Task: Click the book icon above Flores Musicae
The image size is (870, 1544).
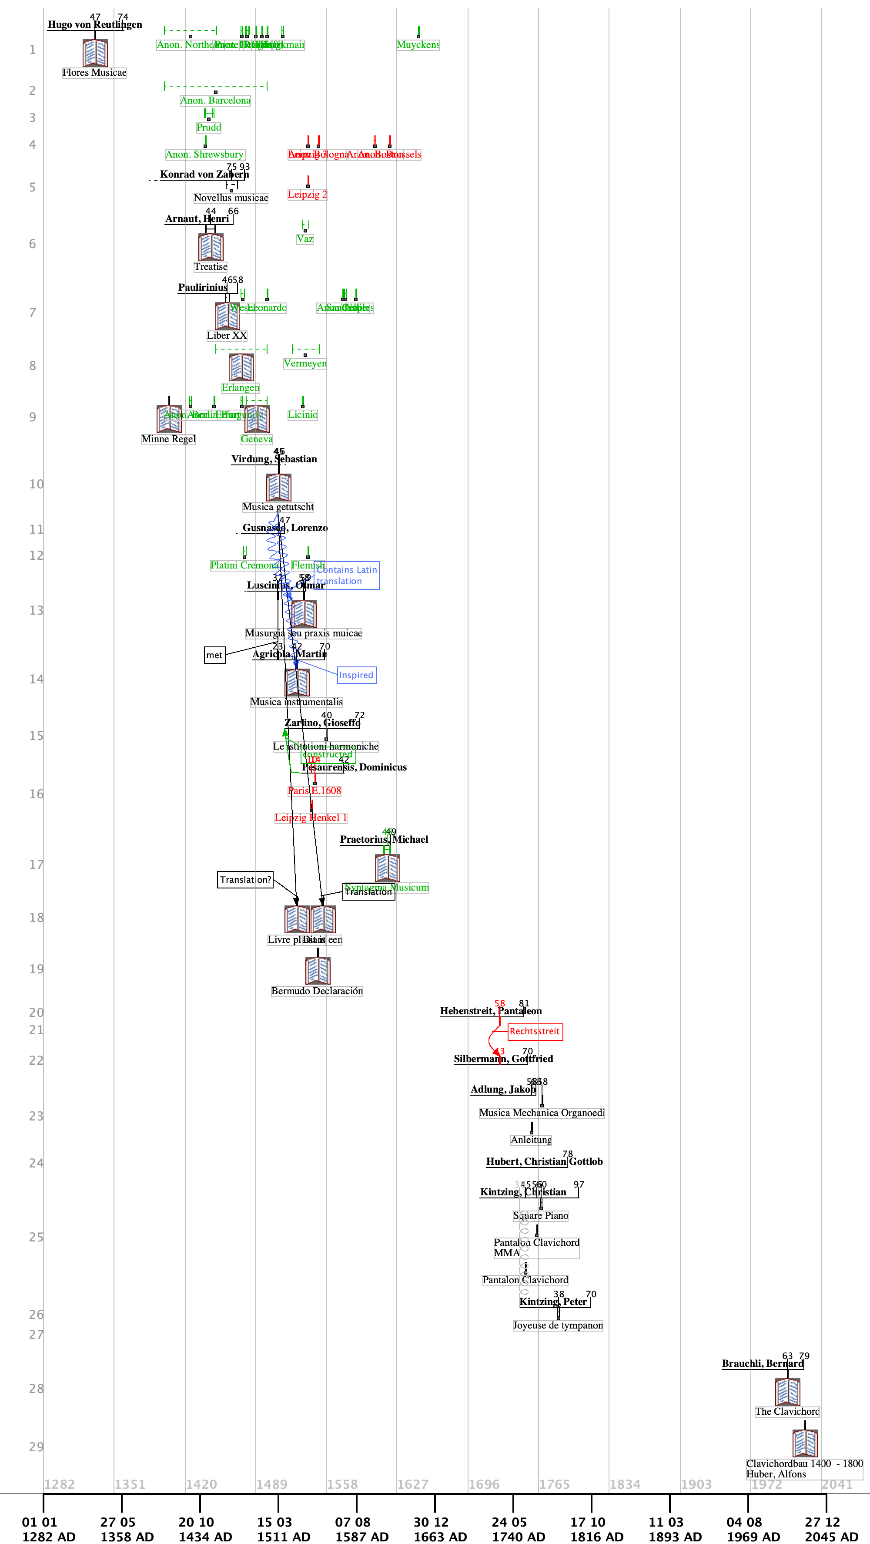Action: (95, 53)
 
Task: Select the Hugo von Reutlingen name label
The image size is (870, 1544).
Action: (95, 24)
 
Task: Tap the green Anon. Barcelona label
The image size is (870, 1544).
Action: (215, 101)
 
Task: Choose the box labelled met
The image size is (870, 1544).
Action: (214, 655)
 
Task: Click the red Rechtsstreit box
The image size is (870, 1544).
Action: (535, 1032)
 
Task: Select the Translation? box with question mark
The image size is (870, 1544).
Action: (245, 880)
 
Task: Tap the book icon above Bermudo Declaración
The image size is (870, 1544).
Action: (318, 970)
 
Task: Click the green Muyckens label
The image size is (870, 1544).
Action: (418, 45)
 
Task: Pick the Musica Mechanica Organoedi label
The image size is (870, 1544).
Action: (542, 1113)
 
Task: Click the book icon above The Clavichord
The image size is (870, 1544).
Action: (787, 1392)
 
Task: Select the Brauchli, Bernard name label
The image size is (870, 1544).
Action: (762, 1364)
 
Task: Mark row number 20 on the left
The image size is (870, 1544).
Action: (37, 1013)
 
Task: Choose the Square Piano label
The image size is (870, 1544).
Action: (540, 1215)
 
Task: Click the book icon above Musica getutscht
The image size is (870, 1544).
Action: (278, 487)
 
